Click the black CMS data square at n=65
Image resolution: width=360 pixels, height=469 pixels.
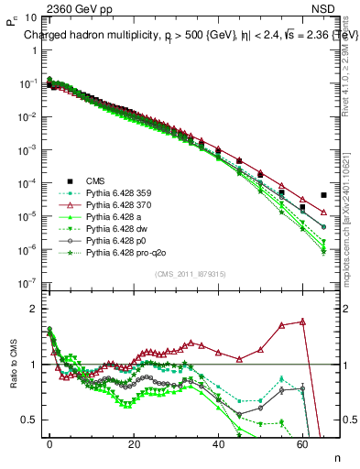(323, 195)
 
